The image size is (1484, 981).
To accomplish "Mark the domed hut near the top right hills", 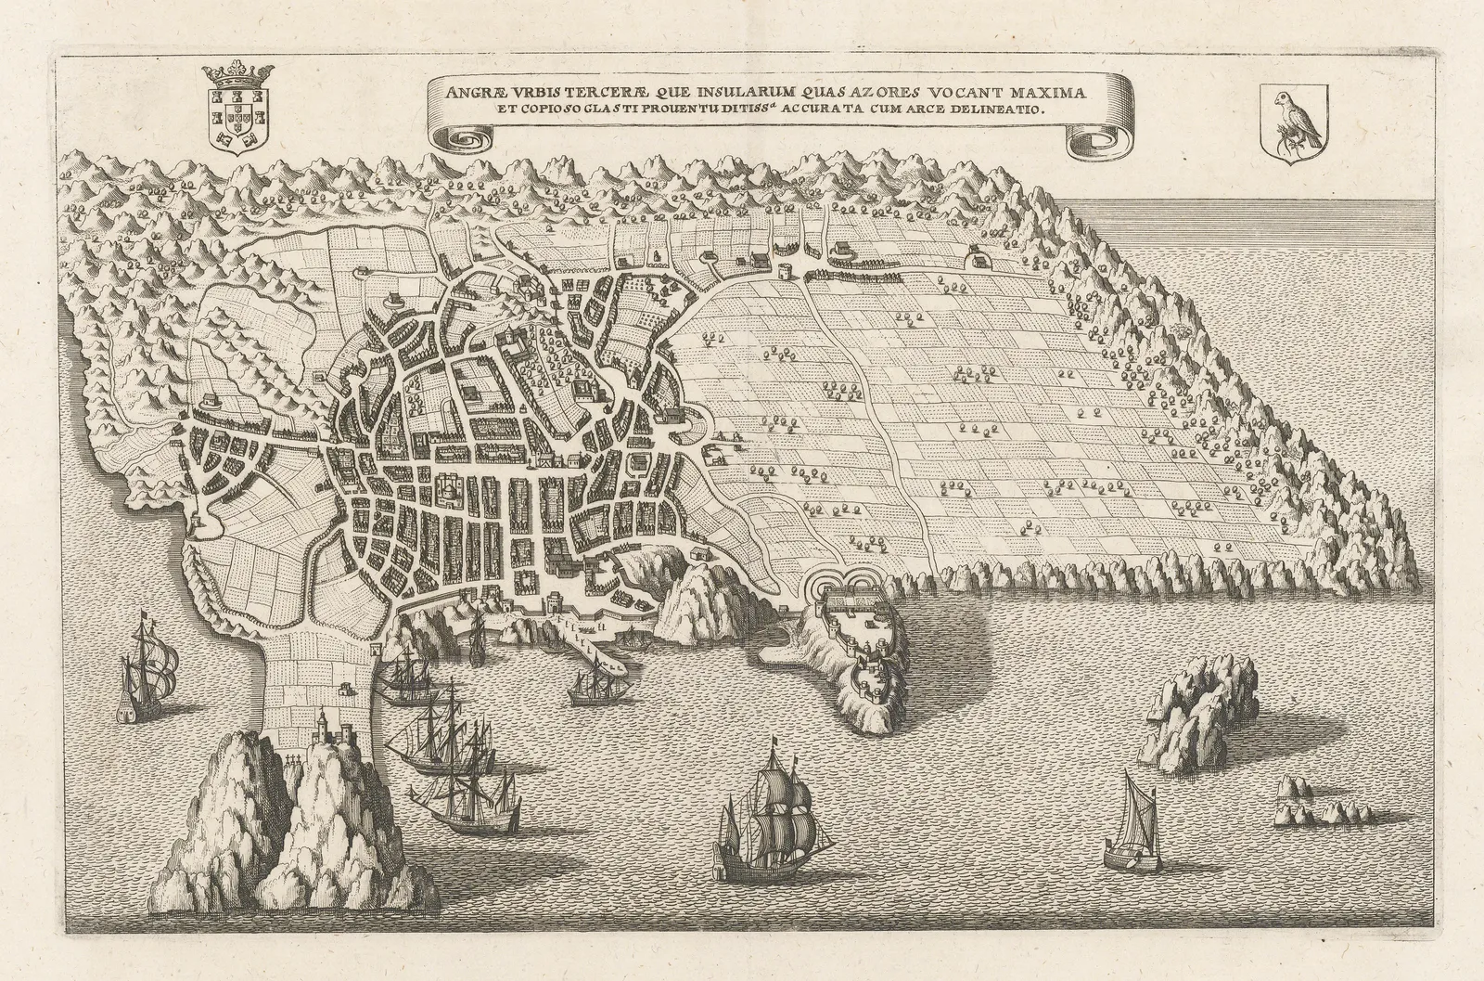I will coord(978,257).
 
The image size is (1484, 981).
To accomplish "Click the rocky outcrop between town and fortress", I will coord(703,594).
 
